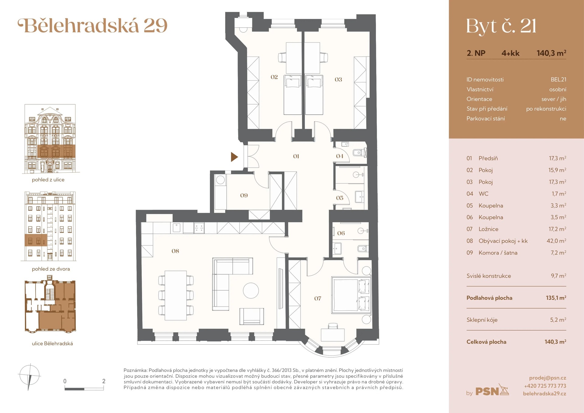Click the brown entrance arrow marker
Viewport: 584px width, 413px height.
(x=234, y=157)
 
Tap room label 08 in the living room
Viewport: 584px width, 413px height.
(x=175, y=251)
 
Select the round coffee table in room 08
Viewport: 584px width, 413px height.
(x=251, y=290)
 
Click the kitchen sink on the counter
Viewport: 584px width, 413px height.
(x=177, y=227)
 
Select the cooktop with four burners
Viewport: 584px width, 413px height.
(x=199, y=228)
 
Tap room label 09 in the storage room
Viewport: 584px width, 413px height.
(x=244, y=196)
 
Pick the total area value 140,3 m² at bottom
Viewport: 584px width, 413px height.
(x=555, y=342)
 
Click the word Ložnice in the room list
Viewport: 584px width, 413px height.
(x=488, y=229)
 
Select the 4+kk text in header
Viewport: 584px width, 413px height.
(x=510, y=53)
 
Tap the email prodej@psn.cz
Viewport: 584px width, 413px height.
(x=547, y=378)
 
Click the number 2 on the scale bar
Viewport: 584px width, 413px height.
(x=104, y=381)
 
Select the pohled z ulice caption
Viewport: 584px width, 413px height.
(x=48, y=180)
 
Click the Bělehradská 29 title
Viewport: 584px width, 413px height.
(x=93, y=26)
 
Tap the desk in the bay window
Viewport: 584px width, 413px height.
(x=333, y=335)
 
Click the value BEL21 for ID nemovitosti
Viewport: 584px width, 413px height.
(x=558, y=79)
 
